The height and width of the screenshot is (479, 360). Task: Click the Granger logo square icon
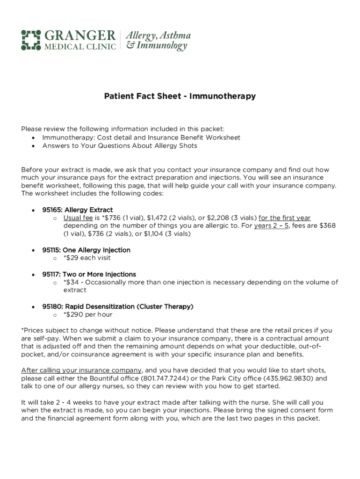[31, 40]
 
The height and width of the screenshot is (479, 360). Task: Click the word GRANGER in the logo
[80, 36]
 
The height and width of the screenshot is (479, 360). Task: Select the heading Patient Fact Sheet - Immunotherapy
[180, 96]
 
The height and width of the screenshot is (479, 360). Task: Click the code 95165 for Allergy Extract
[51, 210]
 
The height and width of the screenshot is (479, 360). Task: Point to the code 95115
[51, 250]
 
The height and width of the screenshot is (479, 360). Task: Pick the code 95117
[51, 274]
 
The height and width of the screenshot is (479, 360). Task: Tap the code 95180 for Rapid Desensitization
[51, 306]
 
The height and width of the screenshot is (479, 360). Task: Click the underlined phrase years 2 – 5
[272, 226]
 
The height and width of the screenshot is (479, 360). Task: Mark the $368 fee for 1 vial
[326, 226]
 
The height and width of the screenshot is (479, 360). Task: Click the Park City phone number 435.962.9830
[287, 378]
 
